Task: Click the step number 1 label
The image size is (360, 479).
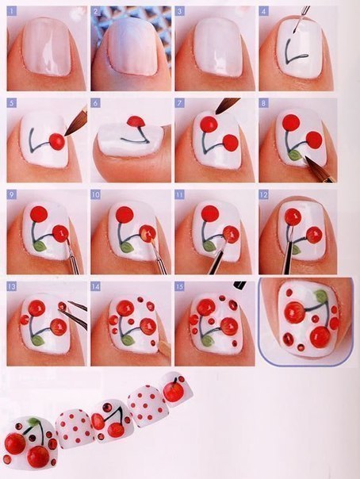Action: pos(11,12)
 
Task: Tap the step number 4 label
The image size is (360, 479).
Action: pos(264,12)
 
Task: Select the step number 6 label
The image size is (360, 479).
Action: pos(95,103)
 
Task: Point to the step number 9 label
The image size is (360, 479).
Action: pos(11,194)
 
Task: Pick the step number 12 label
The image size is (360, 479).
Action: pos(264,194)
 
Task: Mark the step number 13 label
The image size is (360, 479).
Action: pos(12,285)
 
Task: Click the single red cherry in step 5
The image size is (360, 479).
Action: pos(56,141)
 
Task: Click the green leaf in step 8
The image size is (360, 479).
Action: pos(295,155)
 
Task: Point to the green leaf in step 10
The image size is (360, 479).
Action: pos(127,247)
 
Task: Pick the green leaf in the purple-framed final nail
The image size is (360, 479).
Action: pos(320,297)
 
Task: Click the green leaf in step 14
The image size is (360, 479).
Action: pos(128,339)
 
